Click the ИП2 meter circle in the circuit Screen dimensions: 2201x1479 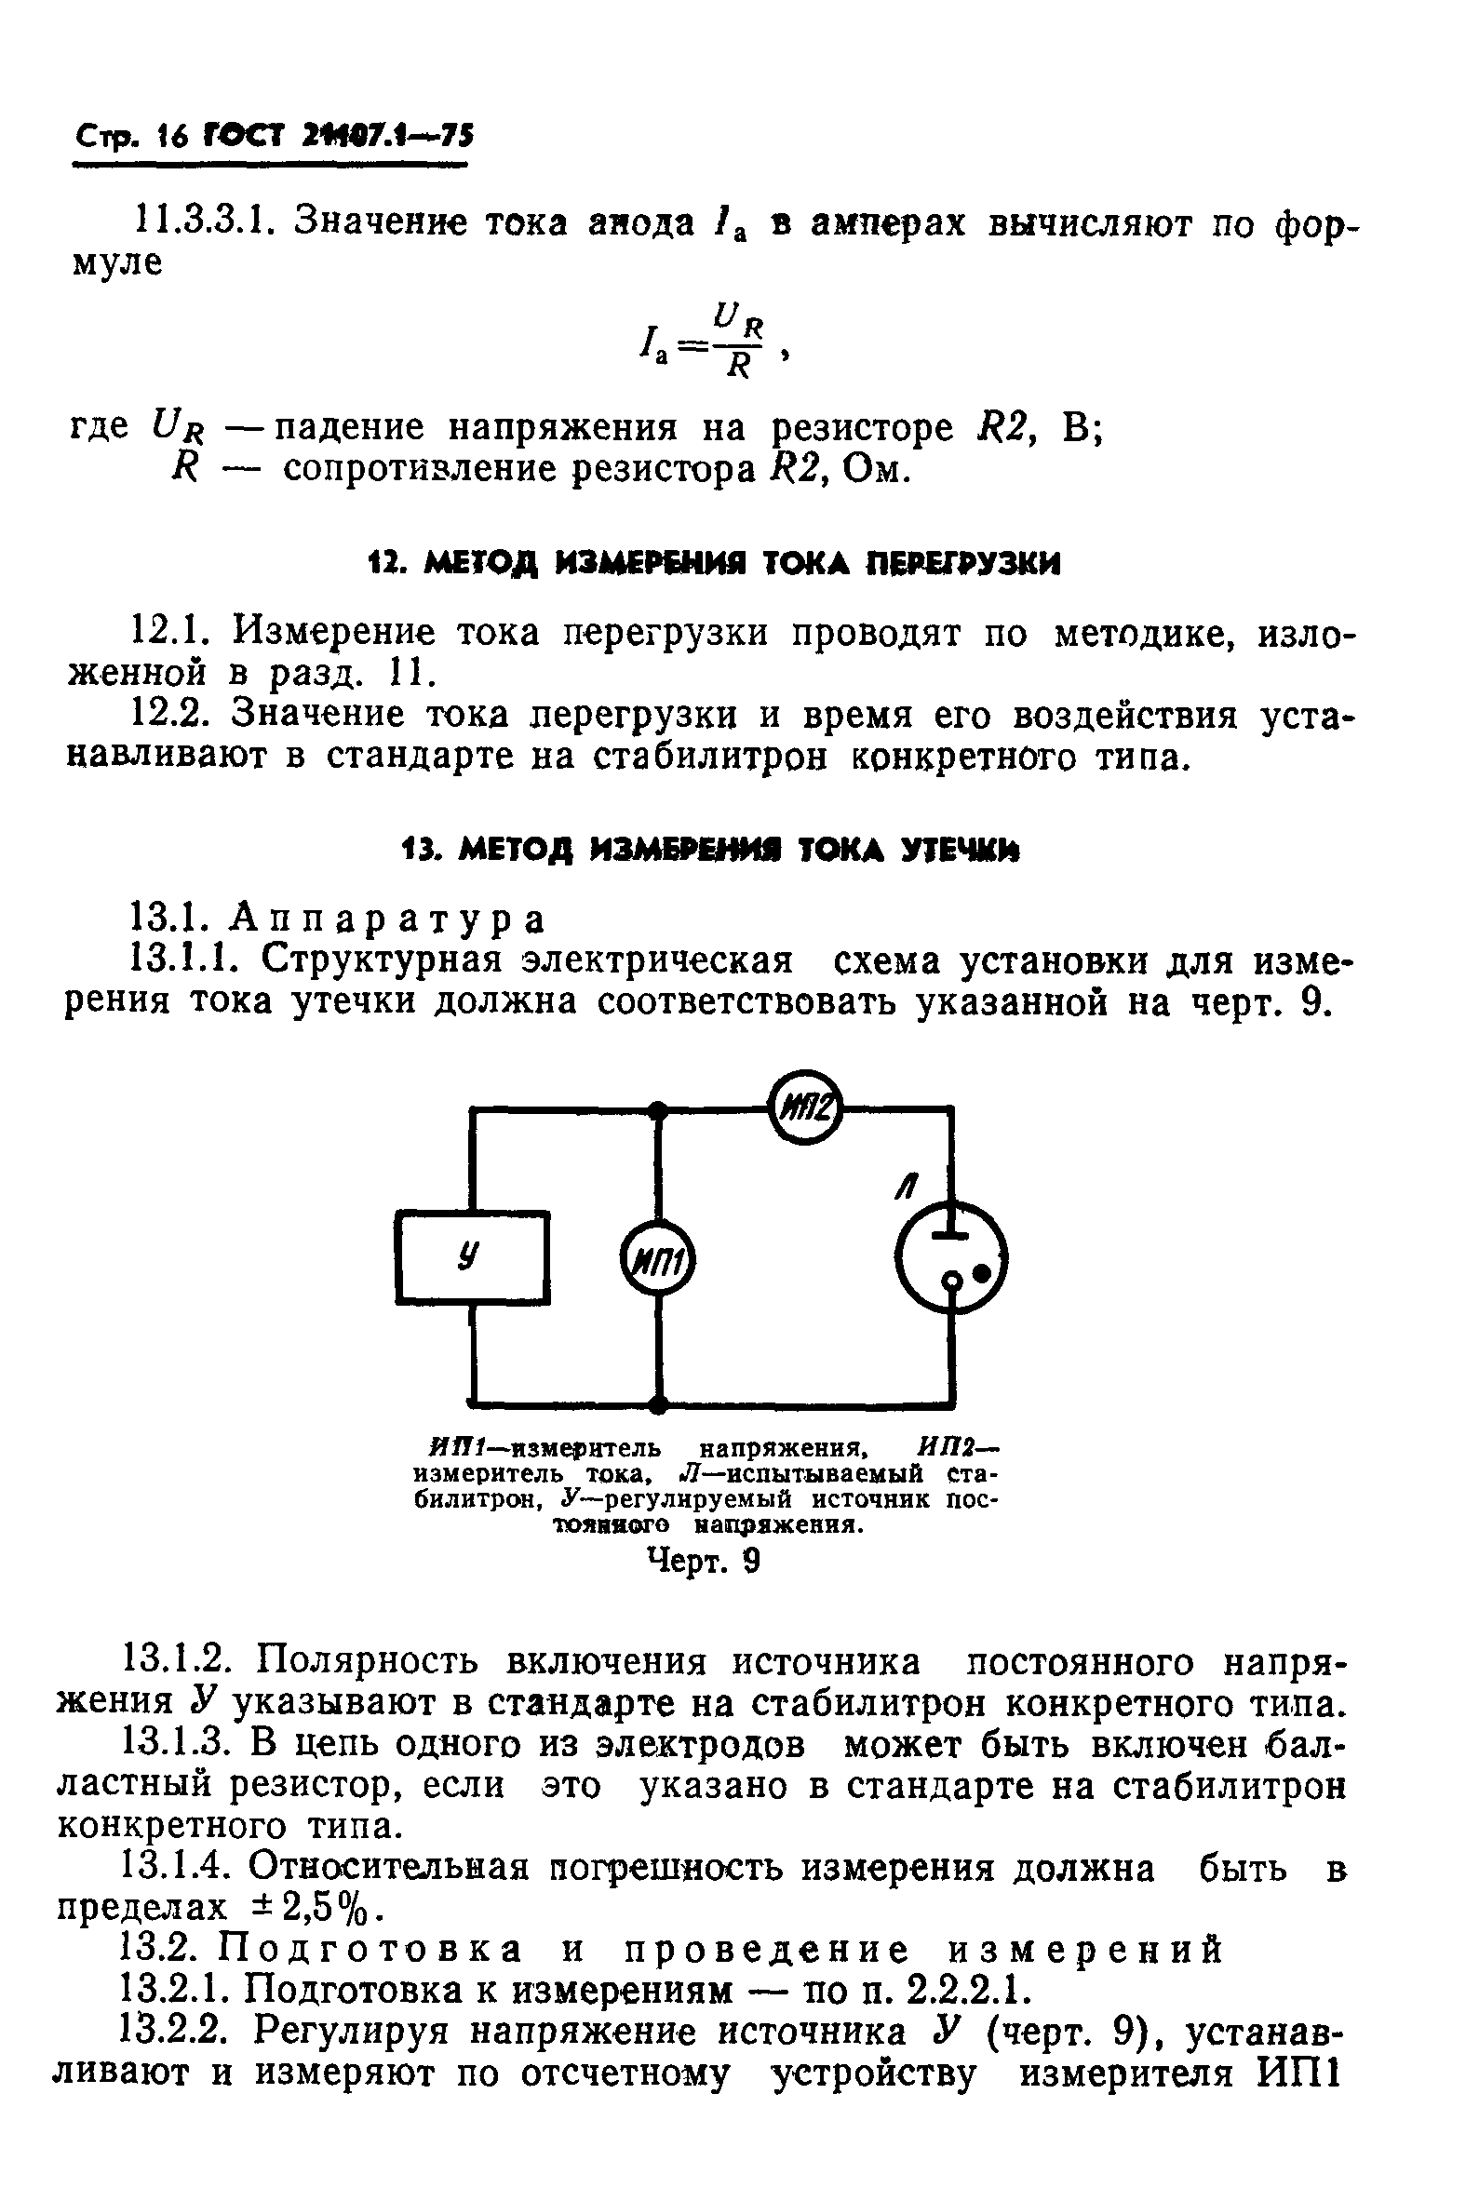804,1109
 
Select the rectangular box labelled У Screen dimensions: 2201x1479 473,1257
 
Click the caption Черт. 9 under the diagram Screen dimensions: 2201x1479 704,1562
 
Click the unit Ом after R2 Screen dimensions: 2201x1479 874,469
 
